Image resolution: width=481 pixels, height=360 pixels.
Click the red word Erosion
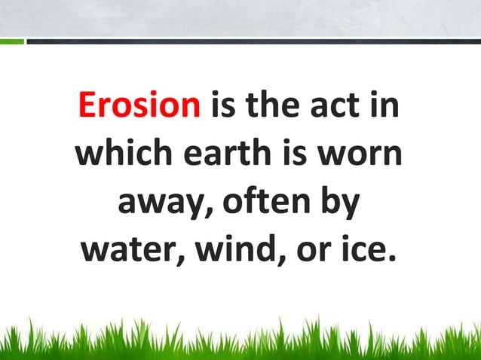(138, 107)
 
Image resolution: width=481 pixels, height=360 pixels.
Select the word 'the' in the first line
(271, 107)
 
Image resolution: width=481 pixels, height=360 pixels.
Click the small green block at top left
(11, 41)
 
